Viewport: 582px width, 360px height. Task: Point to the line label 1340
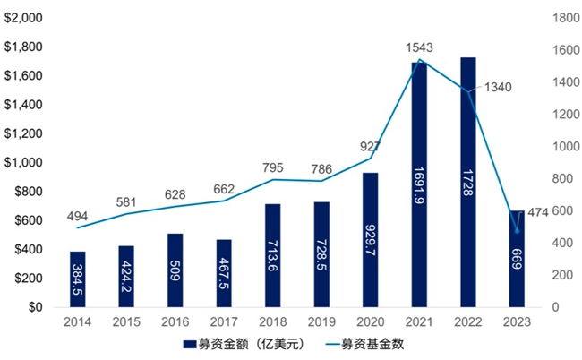[498, 87]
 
